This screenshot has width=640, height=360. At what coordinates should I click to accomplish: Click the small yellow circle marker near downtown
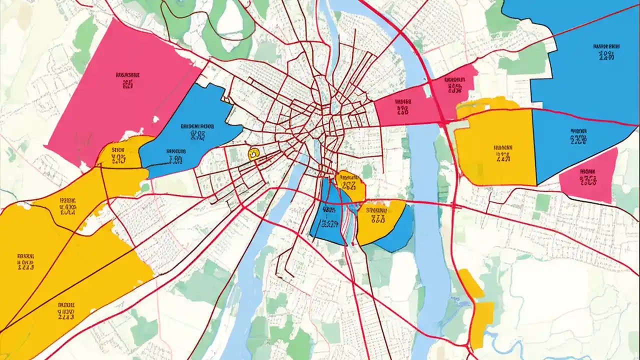click(x=253, y=153)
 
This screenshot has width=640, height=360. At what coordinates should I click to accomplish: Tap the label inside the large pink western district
click(x=127, y=80)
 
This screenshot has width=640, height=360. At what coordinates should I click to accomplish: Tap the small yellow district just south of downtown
click(x=350, y=185)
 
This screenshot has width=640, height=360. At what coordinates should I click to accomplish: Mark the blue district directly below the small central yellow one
click(x=327, y=215)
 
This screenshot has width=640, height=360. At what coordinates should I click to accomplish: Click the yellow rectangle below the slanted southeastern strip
click(x=482, y=322)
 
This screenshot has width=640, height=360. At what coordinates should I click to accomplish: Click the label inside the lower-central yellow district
click(x=378, y=214)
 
